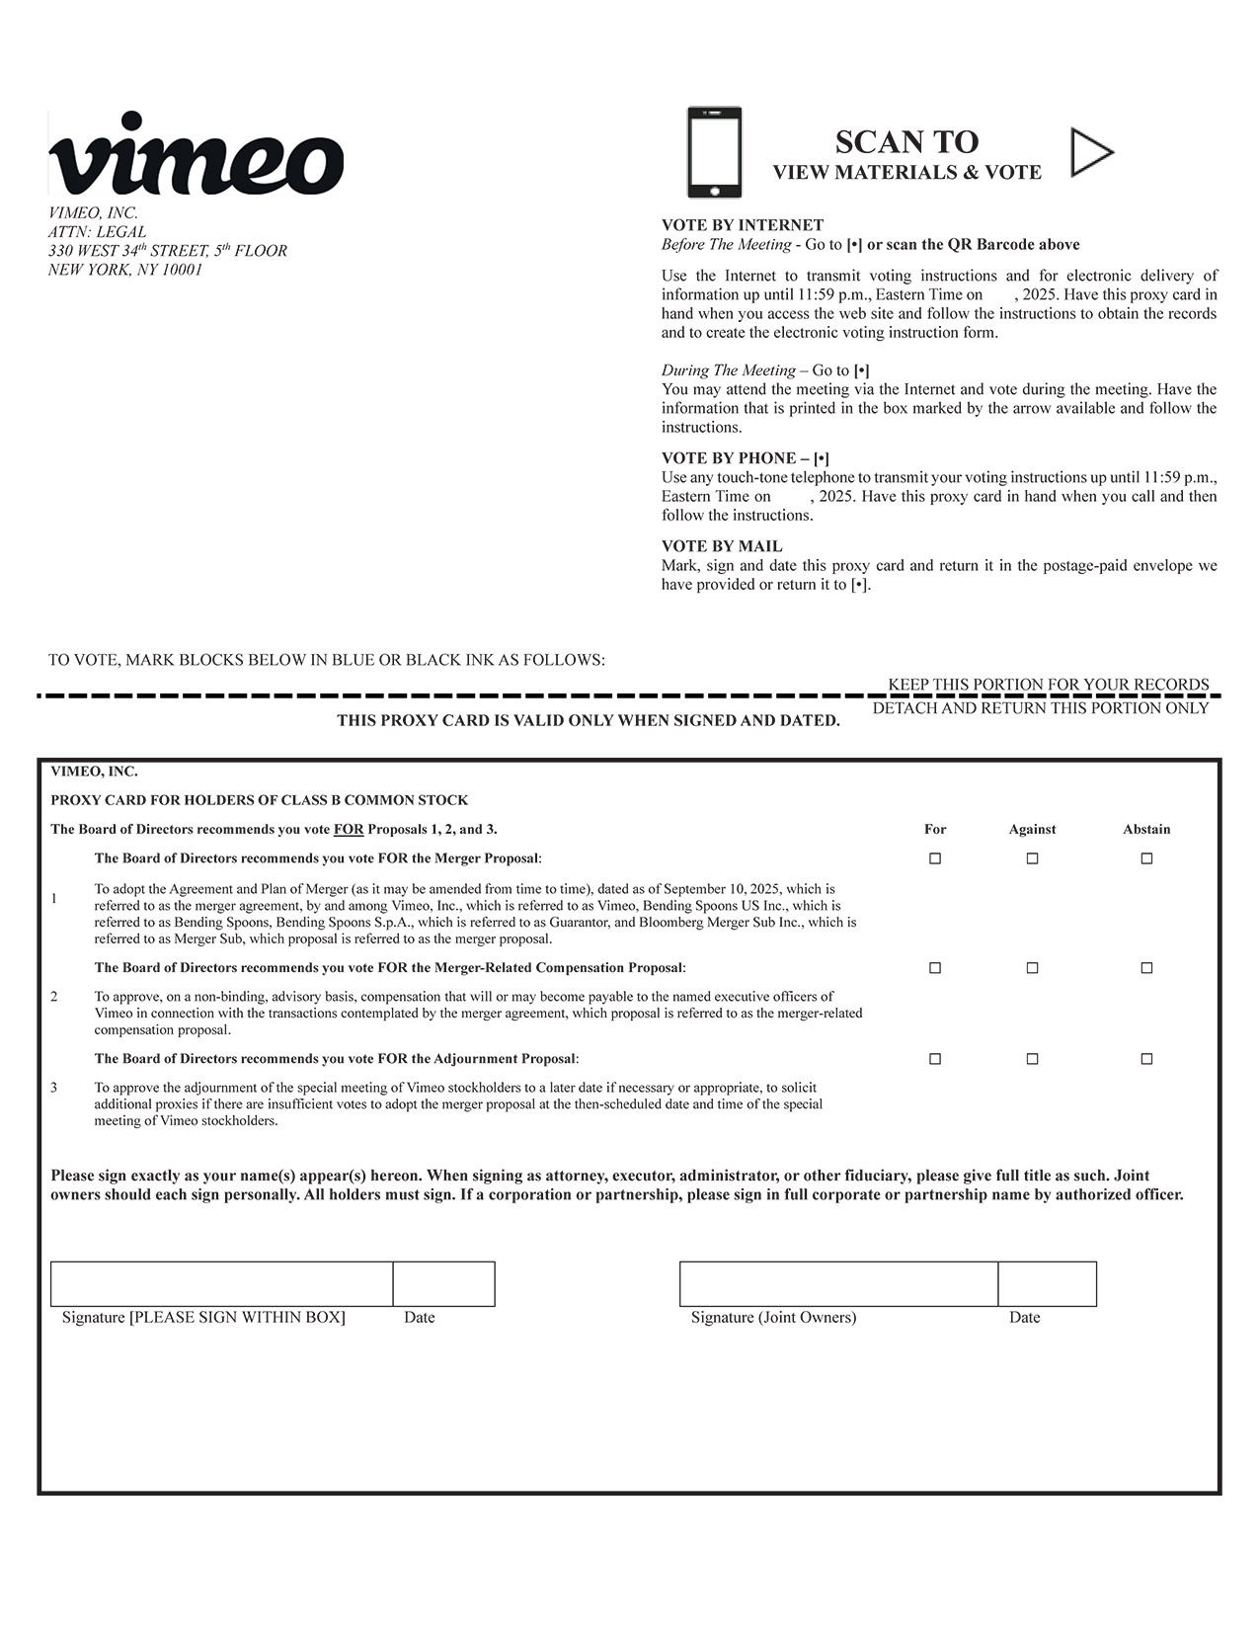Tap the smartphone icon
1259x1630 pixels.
point(714,152)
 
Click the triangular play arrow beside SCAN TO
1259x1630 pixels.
point(1090,152)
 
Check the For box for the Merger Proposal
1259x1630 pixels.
point(934,858)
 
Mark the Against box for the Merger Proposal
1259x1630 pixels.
point(1032,858)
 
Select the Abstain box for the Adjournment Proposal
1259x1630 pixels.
point(1146,1059)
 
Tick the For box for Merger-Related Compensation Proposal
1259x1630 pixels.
point(934,968)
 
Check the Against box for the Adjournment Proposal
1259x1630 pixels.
point(1032,1059)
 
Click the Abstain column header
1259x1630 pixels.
point(1146,830)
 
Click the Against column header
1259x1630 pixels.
point(1032,830)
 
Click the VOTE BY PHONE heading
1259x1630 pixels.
point(745,458)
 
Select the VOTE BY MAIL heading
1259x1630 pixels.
point(721,546)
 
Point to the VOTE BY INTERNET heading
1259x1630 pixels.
point(742,225)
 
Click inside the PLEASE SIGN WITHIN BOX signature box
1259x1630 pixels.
point(221,1283)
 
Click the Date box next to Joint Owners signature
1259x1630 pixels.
point(1047,1283)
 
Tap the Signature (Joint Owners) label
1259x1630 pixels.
point(773,1317)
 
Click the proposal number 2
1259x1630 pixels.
point(54,997)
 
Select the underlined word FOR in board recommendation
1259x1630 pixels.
point(349,830)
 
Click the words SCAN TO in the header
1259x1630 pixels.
point(905,142)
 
